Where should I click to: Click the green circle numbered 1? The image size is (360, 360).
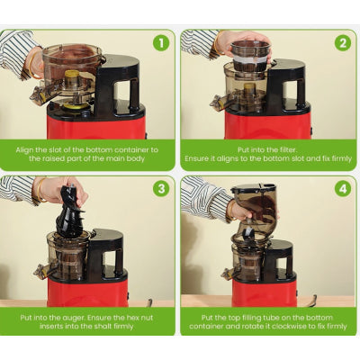161,43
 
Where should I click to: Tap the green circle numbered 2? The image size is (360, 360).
343,43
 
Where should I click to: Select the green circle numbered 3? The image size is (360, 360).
161,189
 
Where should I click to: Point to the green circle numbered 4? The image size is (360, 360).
343,189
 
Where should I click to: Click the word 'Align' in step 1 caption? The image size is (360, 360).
25,150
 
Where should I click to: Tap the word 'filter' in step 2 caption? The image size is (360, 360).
285,149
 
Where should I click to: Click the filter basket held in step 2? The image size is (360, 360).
251,56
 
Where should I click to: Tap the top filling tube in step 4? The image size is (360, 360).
256,211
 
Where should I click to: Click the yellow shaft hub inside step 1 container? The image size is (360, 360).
72,78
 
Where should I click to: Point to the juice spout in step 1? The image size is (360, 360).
39,94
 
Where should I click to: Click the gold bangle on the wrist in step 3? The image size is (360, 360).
40,190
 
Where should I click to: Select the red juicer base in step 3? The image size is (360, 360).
87,292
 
